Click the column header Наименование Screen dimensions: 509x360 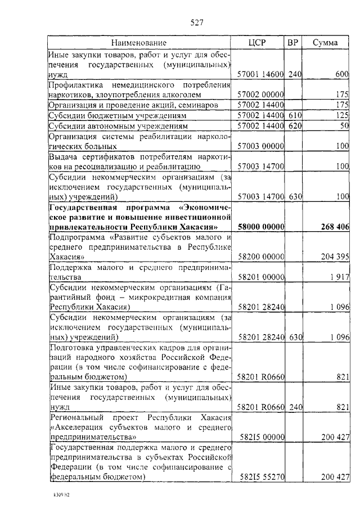(138, 43)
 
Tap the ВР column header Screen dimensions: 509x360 (293, 43)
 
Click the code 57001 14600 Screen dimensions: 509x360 (261, 74)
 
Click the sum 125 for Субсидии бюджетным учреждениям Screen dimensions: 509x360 (343, 115)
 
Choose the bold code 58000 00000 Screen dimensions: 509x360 (262, 227)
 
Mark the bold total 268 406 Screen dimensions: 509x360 (335, 227)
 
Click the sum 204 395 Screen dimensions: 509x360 (335, 256)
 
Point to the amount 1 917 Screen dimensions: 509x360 (339, 277)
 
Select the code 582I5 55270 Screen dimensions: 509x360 (262, 476)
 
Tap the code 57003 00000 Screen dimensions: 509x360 (261, 146)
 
